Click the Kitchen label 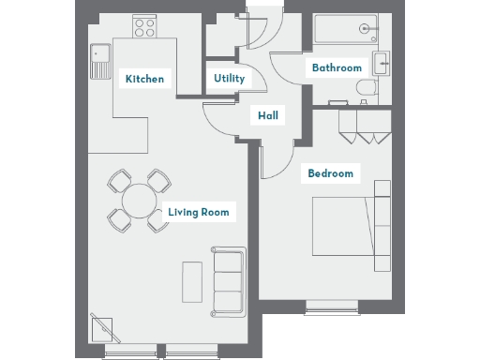pyautogui.click(x=144, y=79)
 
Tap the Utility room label pyautogui.click(x=229, y=79)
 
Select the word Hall pyautogui.click(x=267, y=116)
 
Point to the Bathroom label pyautogui.click(x=337, y=67)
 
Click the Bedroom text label pyautogui.click(x=331, y=173)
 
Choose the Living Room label pyautogui.click(x=198, y=212)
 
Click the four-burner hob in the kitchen pyautogui.click(x=144, y=27)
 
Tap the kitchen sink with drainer pyautogui.click(x=99, y=61)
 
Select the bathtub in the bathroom pyautogui.click(x=346, y=30)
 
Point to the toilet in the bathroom pyautogui.click(x=364, y=90)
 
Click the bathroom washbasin pyautogui.click(x=381, y=65)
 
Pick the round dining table pyautogui.click(x=139, y=200)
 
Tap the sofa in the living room pyautogui.click(x=229, y=280)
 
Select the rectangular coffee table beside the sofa pyautogui.click(x=192, y=280)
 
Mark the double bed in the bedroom pyautogui.click(x=343, y=225)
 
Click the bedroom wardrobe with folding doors pyautogui.click(x=364, y=124)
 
